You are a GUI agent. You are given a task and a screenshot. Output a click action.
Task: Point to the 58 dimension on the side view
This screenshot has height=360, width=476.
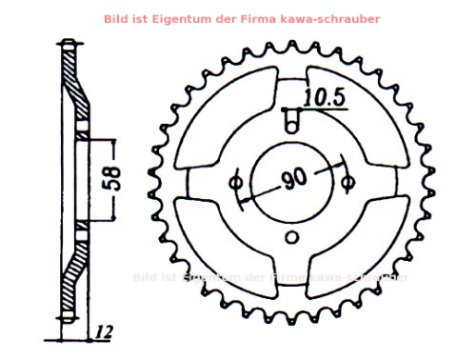pos(112,180)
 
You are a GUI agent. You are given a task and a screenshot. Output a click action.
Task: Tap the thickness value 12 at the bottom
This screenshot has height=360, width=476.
pos(105,332)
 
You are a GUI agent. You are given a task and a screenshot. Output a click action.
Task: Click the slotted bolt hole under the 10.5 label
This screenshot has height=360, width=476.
pos(295,119)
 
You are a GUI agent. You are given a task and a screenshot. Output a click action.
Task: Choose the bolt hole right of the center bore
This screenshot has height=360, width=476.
pos(348,180)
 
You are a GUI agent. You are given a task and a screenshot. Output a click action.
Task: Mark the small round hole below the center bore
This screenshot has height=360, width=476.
pos(293,237)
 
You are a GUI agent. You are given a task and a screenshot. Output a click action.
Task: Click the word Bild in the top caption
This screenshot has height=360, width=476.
pos(142,18)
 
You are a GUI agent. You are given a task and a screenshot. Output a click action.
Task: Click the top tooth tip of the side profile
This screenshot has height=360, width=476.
pos(66,43)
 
